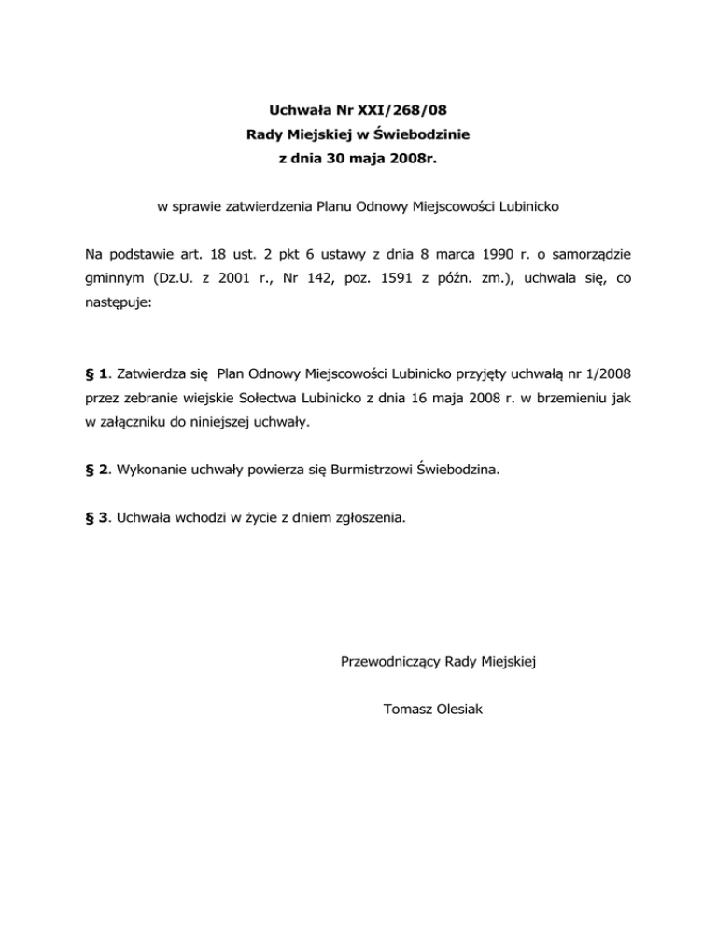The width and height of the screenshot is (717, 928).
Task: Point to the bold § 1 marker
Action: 94,374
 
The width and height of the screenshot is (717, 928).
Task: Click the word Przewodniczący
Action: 391,662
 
